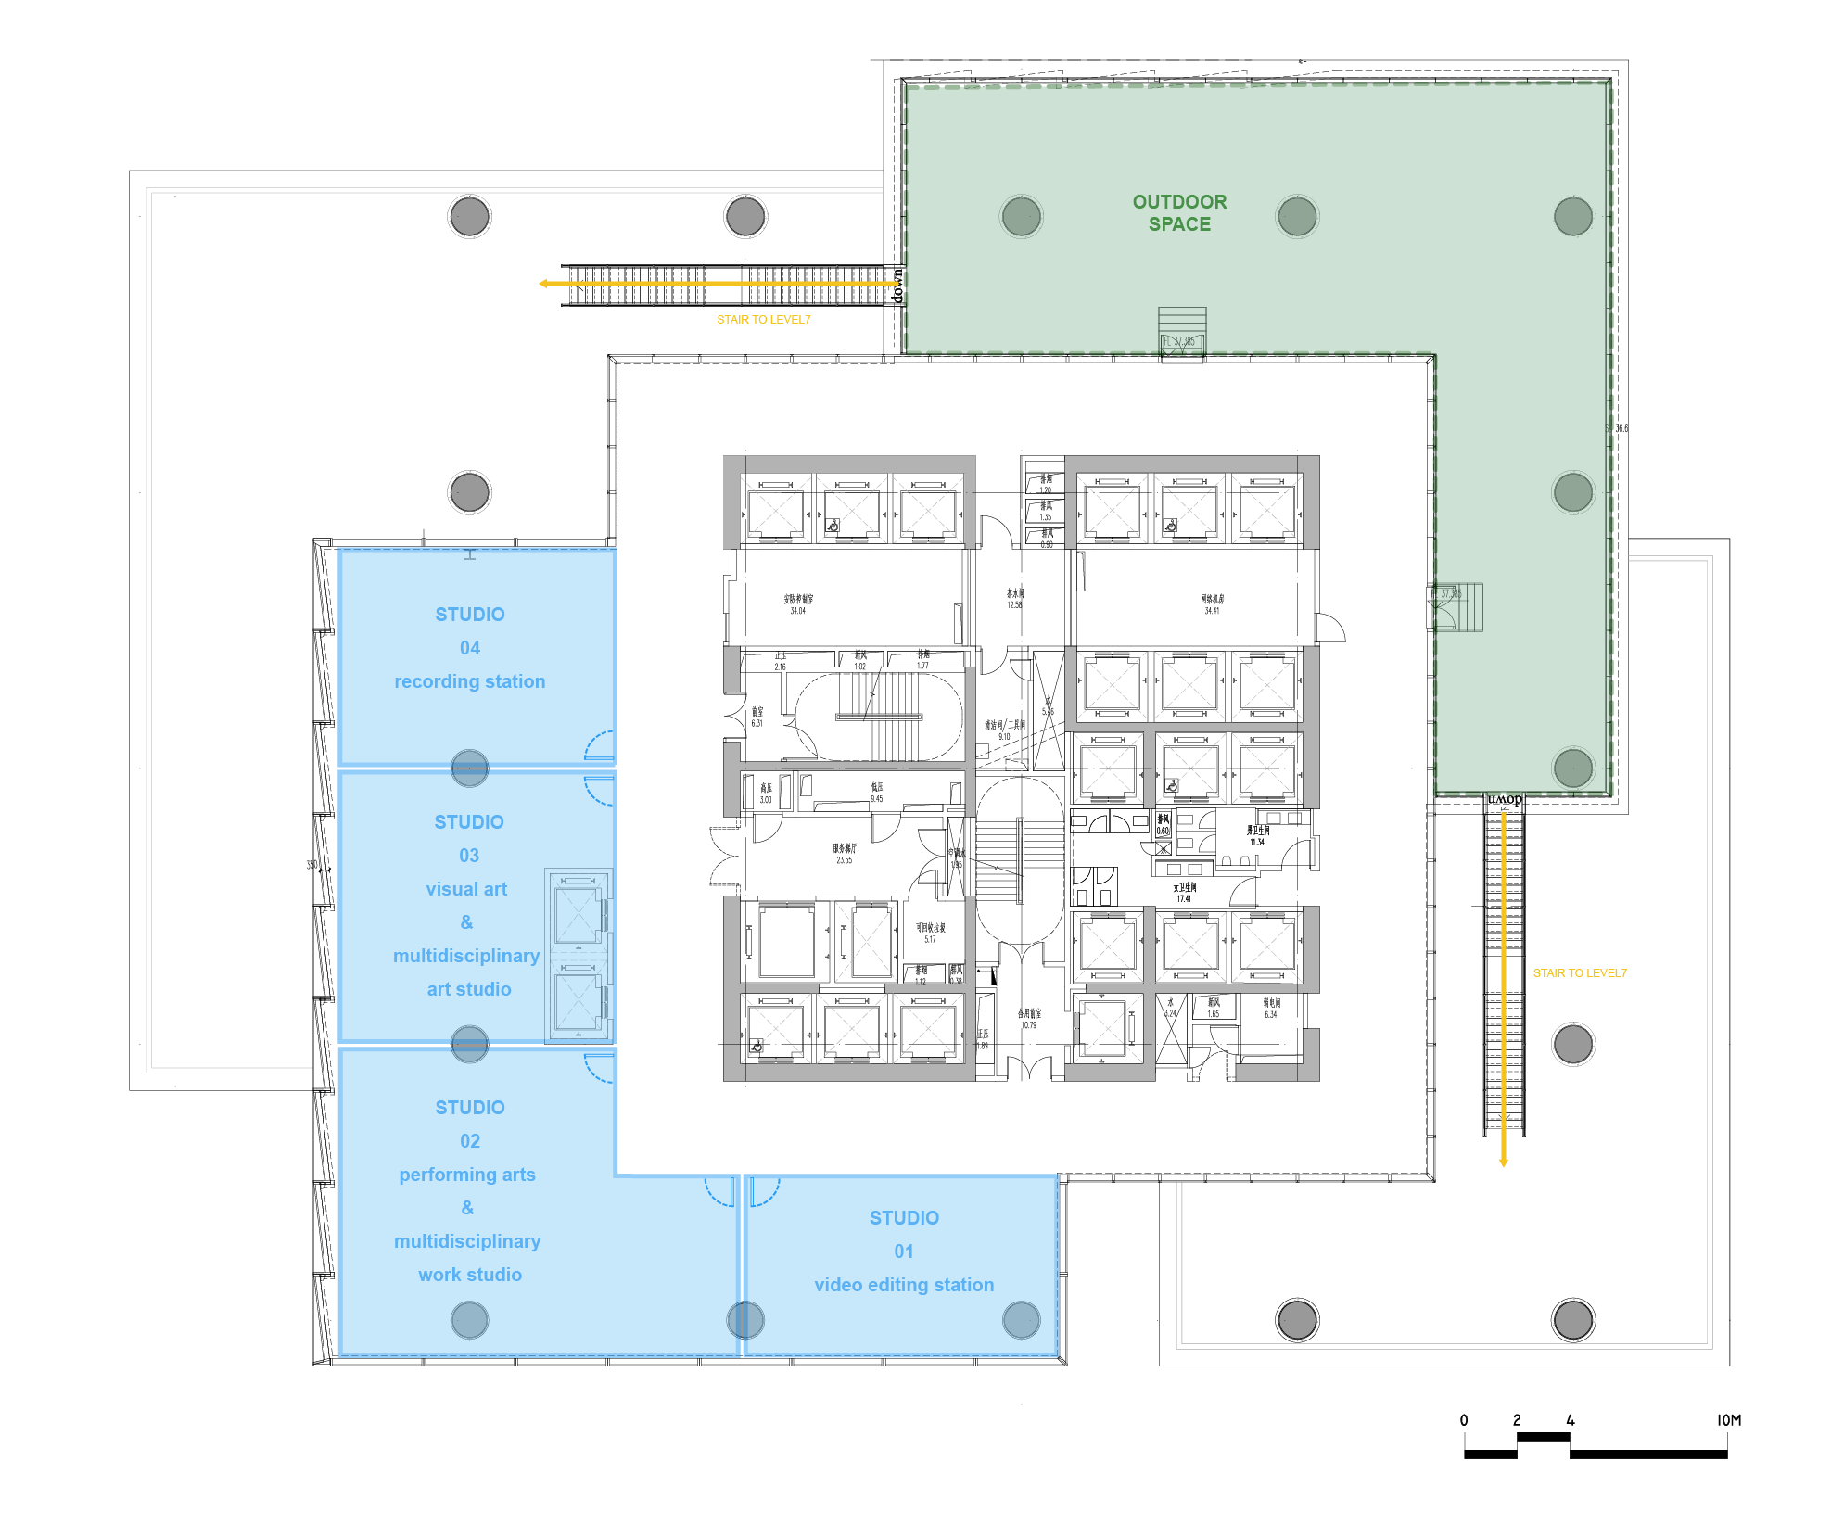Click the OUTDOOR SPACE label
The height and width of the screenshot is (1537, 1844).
coord(1179,213)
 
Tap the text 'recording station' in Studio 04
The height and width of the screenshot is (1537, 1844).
coord(469,681)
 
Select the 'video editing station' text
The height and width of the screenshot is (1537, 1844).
coord(904,1285)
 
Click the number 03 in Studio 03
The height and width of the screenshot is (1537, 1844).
coord(469,856)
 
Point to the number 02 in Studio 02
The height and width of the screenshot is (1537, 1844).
coord(470,1141)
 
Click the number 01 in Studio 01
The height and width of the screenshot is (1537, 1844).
coord(904,1251)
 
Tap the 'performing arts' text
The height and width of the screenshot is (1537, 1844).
coord(467,1175)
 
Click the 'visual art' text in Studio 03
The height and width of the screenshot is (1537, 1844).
coord(466,889)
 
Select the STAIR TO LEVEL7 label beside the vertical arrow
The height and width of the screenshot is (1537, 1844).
coord(1579,972)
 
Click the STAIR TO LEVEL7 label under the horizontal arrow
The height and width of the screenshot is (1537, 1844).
coord(763,319)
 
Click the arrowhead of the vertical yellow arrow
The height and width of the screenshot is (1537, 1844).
coord(1503,1162)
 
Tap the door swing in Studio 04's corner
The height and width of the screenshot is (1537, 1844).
coord(600,745)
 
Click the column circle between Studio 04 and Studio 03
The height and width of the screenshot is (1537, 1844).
coord(469,768)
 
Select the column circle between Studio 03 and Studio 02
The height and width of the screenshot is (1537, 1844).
coord(469,1045)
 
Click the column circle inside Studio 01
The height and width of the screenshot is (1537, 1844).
coord(1021,1320)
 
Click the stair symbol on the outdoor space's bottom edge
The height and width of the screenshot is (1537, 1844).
coord(1182,331)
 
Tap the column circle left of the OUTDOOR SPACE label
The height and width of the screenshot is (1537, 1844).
coord(1021,217)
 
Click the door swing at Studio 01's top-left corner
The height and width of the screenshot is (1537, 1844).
coord(763,1191)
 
